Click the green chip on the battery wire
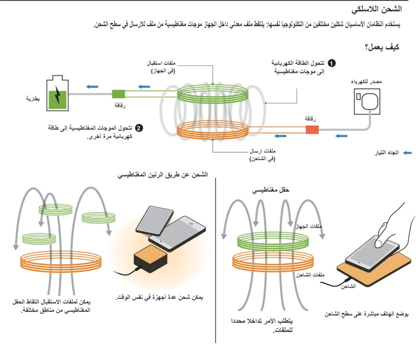(118, 94)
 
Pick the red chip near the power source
(312, 130)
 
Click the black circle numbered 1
(332, 64)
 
